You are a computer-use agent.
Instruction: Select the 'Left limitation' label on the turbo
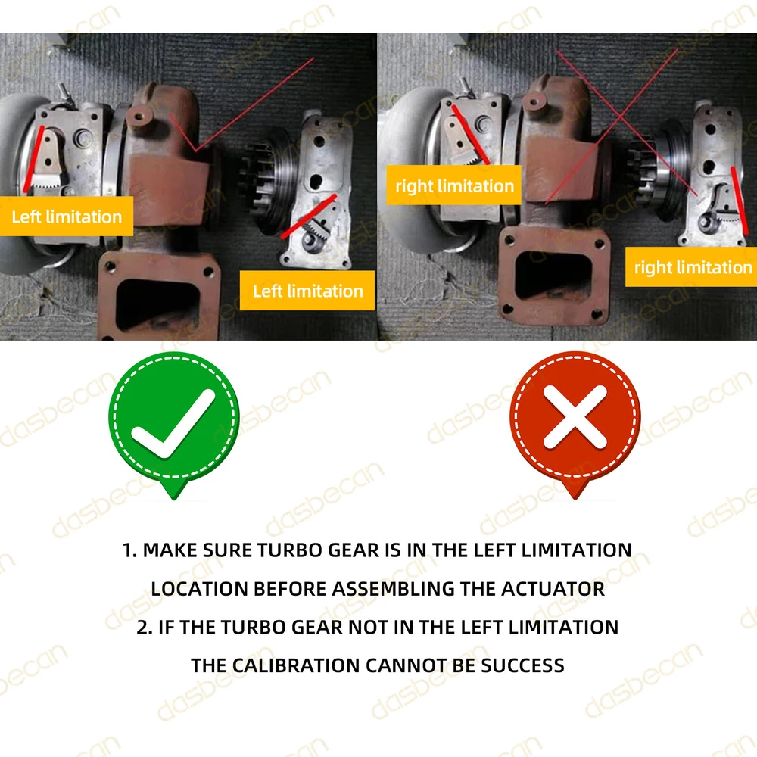point(67,217)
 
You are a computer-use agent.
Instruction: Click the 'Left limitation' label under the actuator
point(307,291)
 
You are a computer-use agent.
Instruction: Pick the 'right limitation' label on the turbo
point(453,185)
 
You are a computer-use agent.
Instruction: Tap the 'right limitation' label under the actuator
point(691,267)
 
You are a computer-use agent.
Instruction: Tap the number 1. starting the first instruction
point(130,550)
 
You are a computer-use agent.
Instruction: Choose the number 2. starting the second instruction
point(145,627)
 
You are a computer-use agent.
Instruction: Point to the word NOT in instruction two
point(368,627)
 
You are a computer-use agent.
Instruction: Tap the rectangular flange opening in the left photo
point(157,304)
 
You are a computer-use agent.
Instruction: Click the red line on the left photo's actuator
point(309,217)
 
